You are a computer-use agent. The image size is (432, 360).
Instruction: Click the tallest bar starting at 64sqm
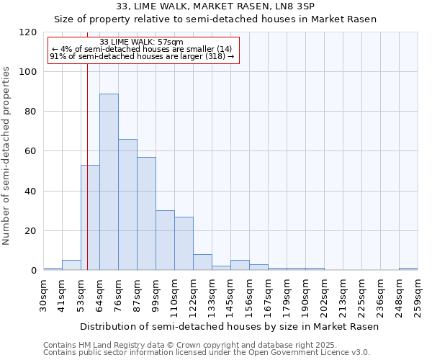pos(109,182)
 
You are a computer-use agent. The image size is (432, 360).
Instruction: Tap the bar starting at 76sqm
pos(127,204)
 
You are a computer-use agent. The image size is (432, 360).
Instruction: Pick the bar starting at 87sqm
pos(146,214)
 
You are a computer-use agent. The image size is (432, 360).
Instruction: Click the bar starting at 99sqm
pos(165,240)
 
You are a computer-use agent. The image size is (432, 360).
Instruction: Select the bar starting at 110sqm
pos(184,243)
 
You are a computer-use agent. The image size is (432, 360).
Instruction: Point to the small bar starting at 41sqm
pos(71,266)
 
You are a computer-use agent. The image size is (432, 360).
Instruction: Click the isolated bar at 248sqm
pos(408,269)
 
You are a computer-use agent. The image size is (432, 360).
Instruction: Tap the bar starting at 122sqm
pos(202,263)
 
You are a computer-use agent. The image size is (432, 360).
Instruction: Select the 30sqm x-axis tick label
pos(43,293)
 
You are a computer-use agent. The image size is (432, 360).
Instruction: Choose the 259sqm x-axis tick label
pos(418,293)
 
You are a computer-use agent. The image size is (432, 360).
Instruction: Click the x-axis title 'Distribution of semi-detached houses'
pos(229,326)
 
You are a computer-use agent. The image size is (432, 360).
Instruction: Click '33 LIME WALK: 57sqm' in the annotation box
pos(142,42)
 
